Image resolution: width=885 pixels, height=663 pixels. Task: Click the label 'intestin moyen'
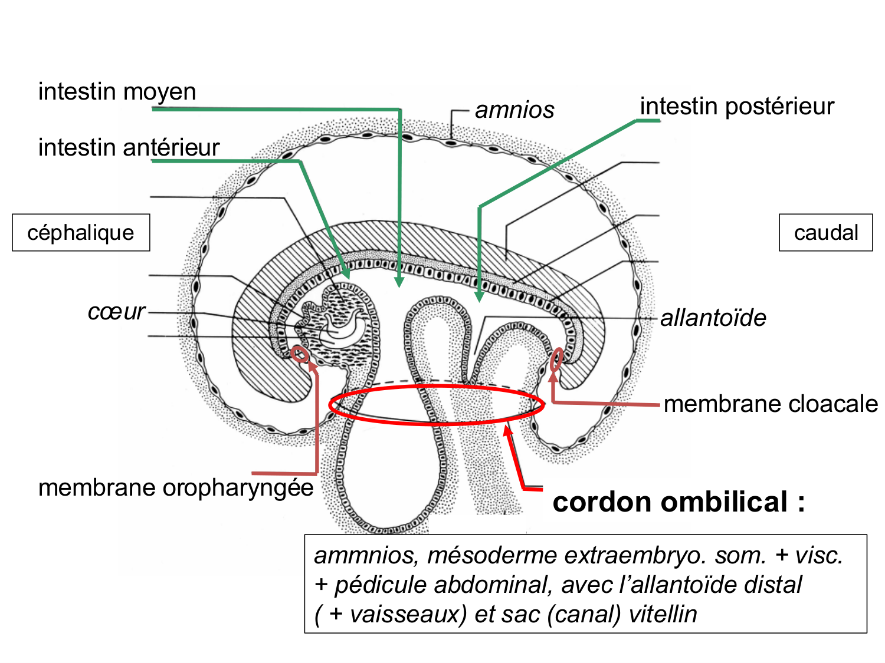(117, 92)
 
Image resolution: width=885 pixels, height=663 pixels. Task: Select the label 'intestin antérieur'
(129, 147)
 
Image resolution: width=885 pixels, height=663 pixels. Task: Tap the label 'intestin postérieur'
(737, 107)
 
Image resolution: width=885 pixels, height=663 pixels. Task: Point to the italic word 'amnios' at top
(514, 110)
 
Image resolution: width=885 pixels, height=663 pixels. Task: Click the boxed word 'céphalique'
(81, 233)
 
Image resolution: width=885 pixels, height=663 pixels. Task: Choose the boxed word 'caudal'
(825, 233)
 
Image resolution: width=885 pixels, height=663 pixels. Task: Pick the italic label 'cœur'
(116, 312)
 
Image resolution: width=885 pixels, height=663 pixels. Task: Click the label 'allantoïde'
(713, 318)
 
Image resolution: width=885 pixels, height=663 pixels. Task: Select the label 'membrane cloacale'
(771, 404)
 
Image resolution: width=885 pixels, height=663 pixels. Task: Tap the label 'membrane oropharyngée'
(176, 488)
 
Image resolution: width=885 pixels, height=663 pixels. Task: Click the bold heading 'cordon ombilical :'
(678, 502)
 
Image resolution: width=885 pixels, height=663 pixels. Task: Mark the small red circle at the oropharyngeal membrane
(300, 354)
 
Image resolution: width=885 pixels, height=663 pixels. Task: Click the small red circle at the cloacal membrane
(556, 361)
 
